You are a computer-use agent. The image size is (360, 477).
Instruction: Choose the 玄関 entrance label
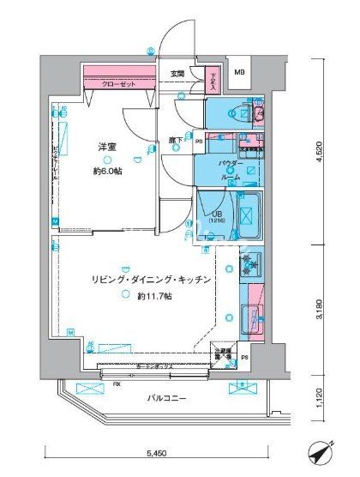[x=177, y=74]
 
